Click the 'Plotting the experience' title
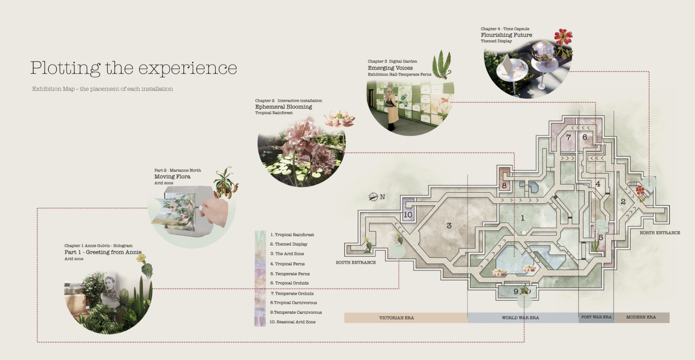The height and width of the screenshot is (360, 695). (x=133, y=68)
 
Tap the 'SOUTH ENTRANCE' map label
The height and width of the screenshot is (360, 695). (x=356, y=262)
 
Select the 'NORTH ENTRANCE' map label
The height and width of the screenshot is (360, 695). (x=660, y=233)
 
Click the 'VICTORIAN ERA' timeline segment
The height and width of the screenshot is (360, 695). (x=396, y=318)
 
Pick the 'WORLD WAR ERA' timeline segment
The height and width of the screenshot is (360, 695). (x=520, y=318)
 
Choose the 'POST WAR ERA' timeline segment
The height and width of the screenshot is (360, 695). (x=596, y=317)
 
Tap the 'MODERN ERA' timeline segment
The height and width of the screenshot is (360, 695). (x=641, y=317)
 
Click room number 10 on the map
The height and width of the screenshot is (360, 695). (x=408, y=215)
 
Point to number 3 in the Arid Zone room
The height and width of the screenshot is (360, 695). (x=449, y=226)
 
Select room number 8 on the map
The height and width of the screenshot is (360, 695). (x=504, y=185)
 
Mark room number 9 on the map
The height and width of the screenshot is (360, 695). (x=515, y=292)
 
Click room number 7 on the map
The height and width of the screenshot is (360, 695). (x=569, y=137)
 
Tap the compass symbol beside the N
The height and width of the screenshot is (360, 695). (x=373, y=197)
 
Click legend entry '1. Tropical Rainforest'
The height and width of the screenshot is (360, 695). (x=292, y=235)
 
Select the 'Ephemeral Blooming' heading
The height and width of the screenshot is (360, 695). (x=283, y=107)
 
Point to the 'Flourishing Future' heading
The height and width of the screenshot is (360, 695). (x=506, y=35)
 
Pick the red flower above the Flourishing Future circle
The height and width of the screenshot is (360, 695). (x=563, y=37)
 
